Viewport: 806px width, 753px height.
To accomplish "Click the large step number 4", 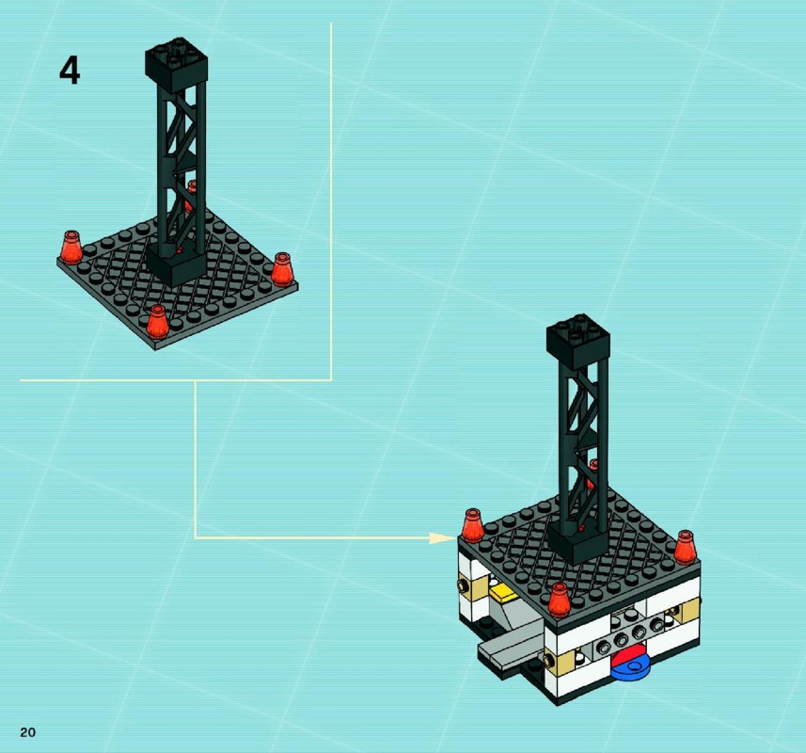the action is point(70,71).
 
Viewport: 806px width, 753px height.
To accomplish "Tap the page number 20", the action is point(28,732).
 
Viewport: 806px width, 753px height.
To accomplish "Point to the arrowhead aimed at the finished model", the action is point(443,538).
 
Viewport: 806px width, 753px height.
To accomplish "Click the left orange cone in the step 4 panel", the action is point(71,248).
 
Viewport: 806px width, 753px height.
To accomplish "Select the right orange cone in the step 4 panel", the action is point(282,269).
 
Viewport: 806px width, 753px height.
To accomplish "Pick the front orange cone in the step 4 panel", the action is point(157,322).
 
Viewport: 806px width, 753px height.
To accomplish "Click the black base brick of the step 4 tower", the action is point(176,264).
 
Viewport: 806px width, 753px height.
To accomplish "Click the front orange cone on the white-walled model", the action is point(560,600).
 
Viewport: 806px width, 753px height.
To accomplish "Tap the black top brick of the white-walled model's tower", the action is point(578,341).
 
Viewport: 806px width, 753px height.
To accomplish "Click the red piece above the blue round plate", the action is point(629,657).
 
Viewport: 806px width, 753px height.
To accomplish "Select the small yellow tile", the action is point(504,595).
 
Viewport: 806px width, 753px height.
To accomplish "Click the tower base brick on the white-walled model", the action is point(578,543).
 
